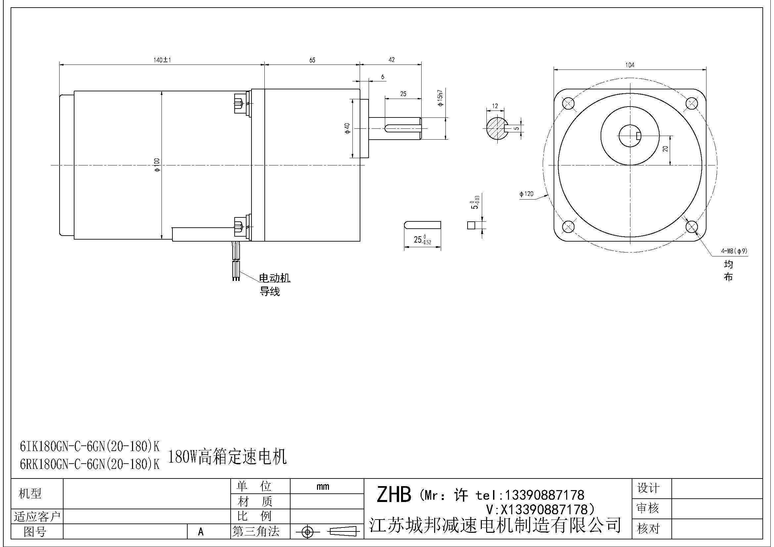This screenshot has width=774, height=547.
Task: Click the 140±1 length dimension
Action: (162, 60)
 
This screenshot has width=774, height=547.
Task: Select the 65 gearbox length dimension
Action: (312, 60)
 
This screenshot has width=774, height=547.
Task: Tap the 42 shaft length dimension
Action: (391, 60)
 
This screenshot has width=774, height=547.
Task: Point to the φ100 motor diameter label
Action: (157, 165)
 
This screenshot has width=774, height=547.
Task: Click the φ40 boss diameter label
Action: (347, 128)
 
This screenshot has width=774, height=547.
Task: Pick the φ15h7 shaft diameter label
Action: (440, 98)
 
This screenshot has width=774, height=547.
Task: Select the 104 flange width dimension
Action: (630, 65)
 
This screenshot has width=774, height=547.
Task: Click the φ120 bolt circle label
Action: (526, 194)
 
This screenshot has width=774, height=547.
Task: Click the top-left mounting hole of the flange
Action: (569, 103)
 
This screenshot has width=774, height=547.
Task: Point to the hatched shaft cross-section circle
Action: (496, 128)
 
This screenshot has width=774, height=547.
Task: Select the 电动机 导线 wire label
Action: (274, 285)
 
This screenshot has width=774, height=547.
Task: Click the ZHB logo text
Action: (394, 495)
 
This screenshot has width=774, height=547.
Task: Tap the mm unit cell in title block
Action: (323, 486)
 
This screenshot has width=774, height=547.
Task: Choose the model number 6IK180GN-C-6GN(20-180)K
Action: (90, 446)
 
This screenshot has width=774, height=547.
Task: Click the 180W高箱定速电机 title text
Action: (227, 457)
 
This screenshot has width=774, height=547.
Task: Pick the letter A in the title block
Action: (201, 531)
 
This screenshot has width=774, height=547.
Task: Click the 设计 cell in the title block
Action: (648, 488)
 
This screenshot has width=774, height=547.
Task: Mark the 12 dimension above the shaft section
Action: (495, 106)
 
